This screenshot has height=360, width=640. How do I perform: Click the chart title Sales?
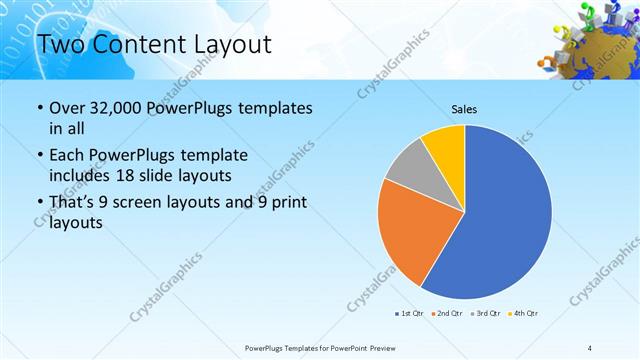(464, 108)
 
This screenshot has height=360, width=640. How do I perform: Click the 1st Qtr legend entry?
(410, 314)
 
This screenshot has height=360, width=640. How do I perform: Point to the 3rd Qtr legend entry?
(484, 314)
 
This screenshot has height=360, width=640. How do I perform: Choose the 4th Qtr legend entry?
(523, 314)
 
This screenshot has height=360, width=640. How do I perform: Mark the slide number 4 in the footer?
(590, 347)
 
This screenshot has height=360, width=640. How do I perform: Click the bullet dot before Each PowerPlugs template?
(38, 156)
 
